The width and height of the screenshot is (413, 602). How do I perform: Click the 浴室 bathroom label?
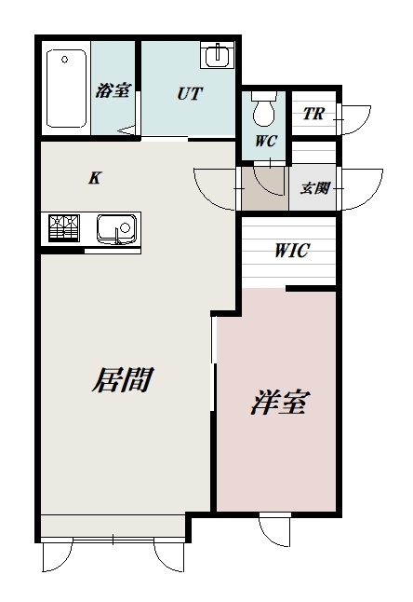coord(113,91)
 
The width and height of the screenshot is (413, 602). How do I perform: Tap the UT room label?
coord(190,94)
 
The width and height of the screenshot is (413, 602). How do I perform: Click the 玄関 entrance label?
coord(314,187)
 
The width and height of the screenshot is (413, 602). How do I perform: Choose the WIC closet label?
coord(290,251)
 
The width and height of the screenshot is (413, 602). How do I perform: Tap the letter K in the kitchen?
coord(94,177)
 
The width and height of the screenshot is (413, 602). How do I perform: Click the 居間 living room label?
coord(121,380)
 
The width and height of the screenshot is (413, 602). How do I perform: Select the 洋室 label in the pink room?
coord(279,404)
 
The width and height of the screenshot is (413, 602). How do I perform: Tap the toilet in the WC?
coord(264,112)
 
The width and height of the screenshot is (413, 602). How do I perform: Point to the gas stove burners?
coord(64,227)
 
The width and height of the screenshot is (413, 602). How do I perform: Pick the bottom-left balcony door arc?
coord(57,557)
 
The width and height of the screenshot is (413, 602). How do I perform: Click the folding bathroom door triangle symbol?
coord(125,130)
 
